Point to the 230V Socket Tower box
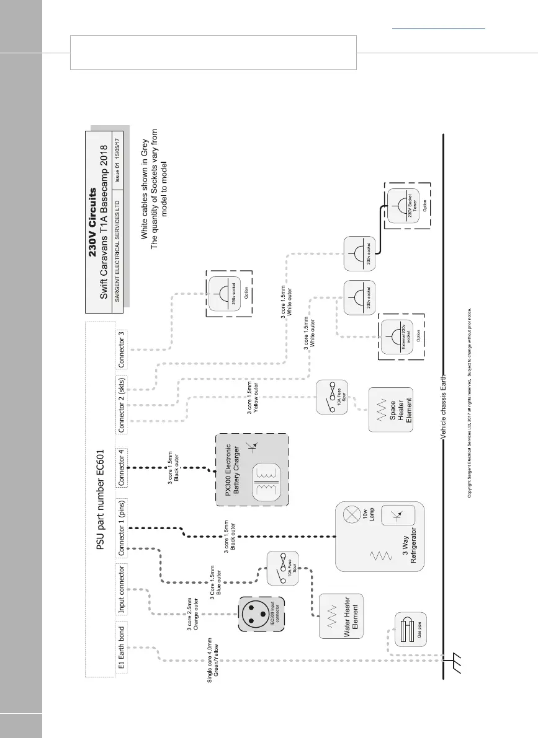point(406,206)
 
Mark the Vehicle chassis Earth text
point(443,406)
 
